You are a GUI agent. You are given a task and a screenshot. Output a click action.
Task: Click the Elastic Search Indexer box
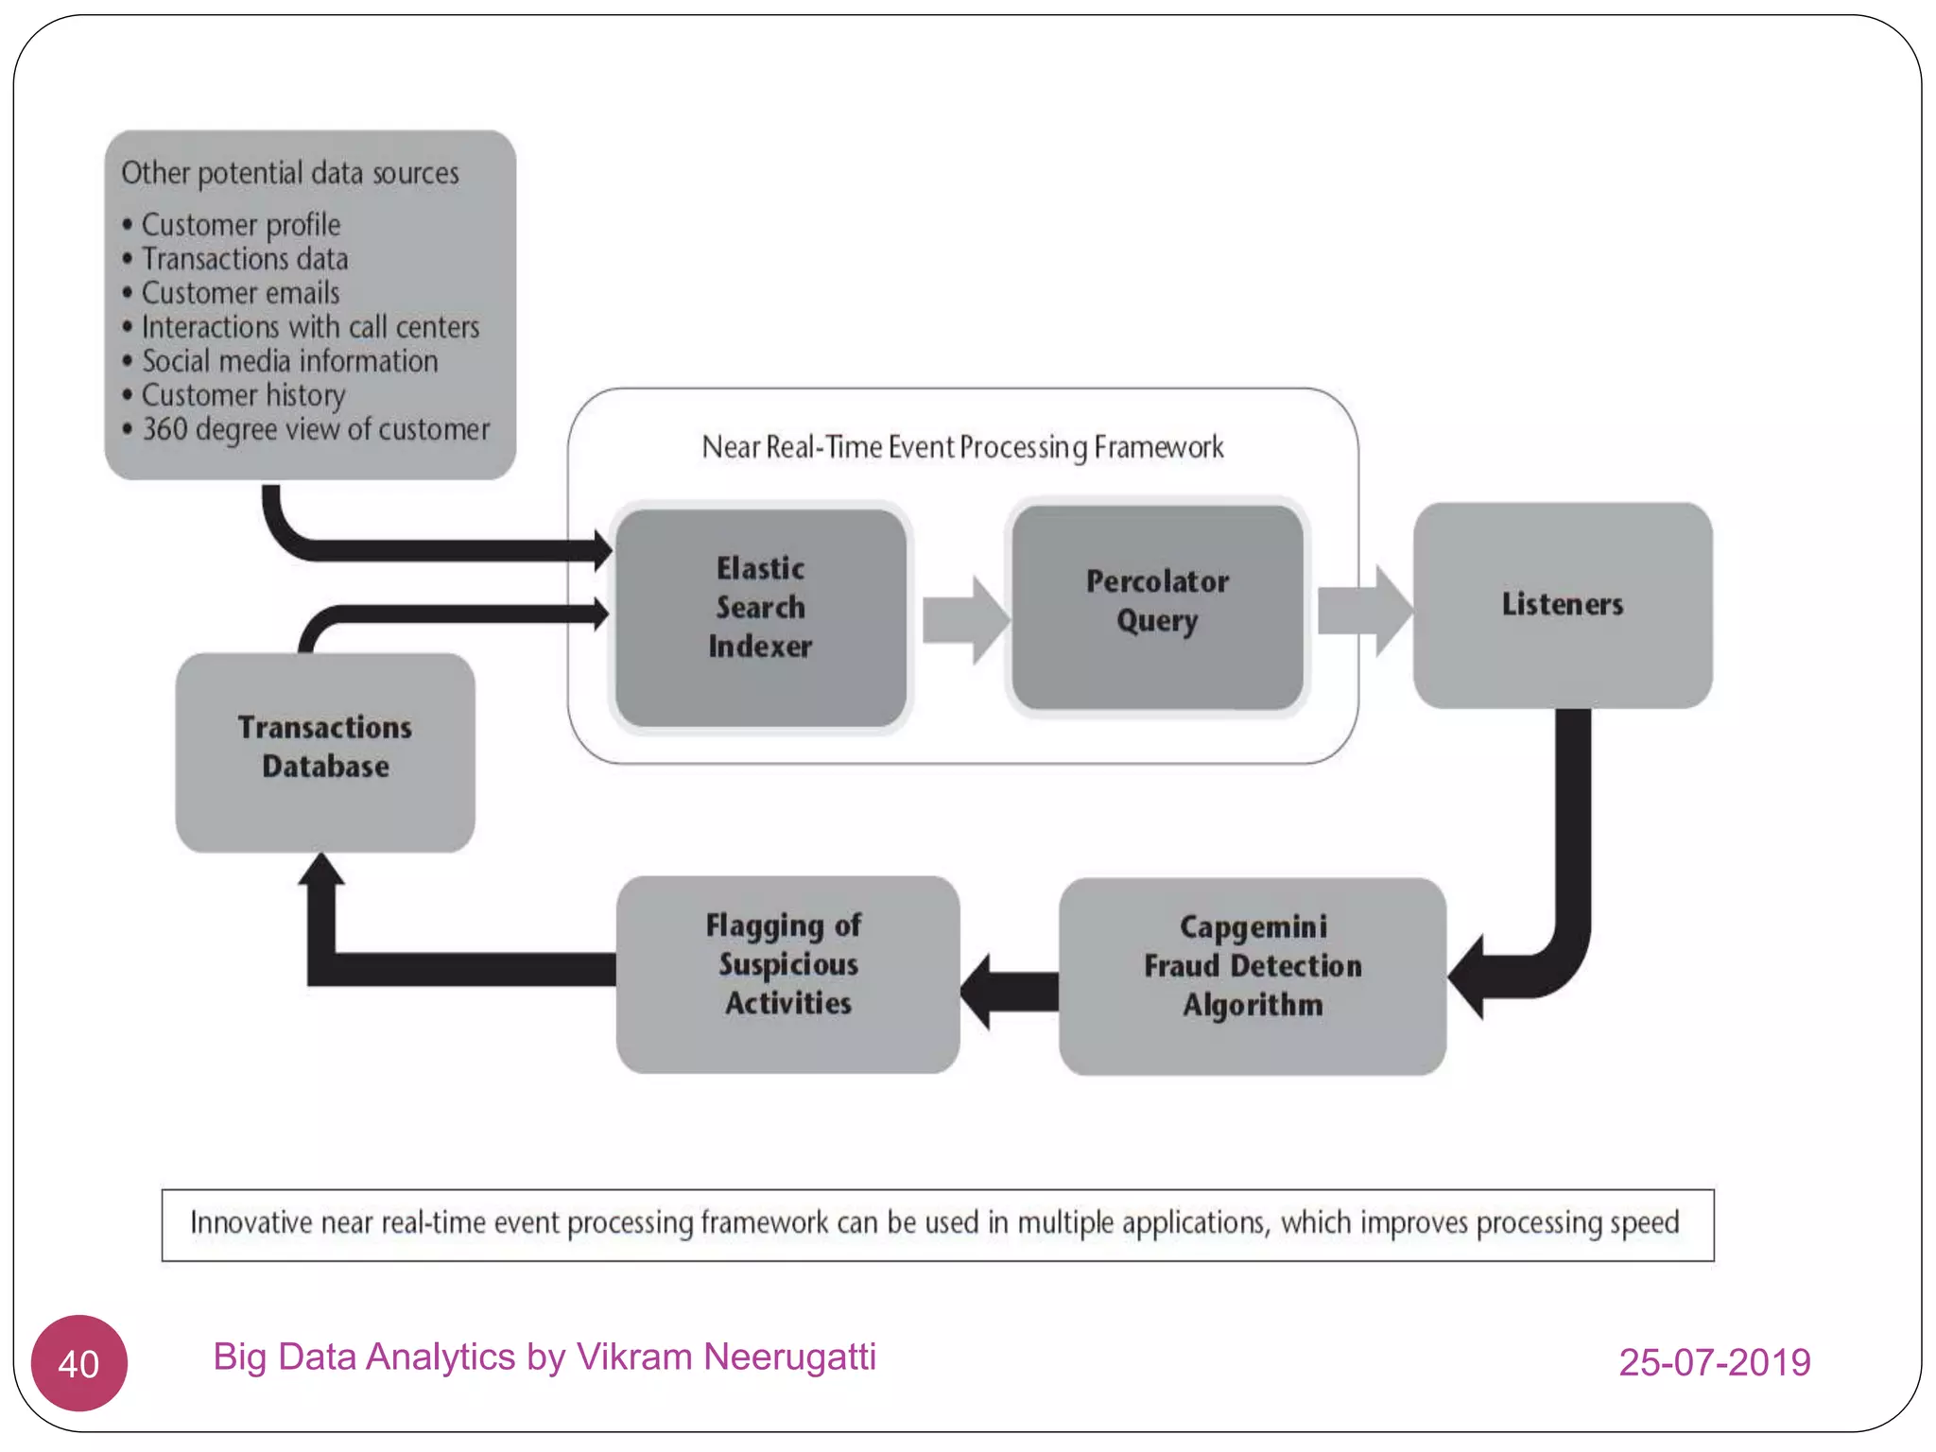pos(760,616)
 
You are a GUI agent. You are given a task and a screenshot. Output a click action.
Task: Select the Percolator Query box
pos(1157,606)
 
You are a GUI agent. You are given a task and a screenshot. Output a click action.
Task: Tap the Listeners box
pos(1562,605)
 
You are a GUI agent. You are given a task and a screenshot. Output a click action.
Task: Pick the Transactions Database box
pos(324,752)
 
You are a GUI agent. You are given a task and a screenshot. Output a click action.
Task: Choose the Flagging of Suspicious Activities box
pos(787,973)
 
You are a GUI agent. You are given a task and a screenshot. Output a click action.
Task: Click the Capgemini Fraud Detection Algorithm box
pos(1252,975)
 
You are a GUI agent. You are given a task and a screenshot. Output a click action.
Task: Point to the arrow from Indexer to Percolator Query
pos(964,620)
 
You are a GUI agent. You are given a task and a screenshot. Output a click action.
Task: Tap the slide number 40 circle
pos(78,1362)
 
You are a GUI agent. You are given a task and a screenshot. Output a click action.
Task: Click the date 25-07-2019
pos(1714,1362)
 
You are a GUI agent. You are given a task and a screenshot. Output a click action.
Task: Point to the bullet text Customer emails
pos(240,293)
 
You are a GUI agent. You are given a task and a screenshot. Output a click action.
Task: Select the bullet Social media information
pos(289,361)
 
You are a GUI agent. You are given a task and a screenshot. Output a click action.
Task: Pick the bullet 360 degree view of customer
pos(316,429)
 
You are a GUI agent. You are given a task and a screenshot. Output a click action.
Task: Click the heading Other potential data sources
pos(289,173)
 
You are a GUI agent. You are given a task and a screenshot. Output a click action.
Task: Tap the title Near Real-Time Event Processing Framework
pos(962,447)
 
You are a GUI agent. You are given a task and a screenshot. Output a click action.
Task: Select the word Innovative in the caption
pos(250,1223)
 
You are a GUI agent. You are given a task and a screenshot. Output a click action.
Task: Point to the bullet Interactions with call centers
pos(310,327)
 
